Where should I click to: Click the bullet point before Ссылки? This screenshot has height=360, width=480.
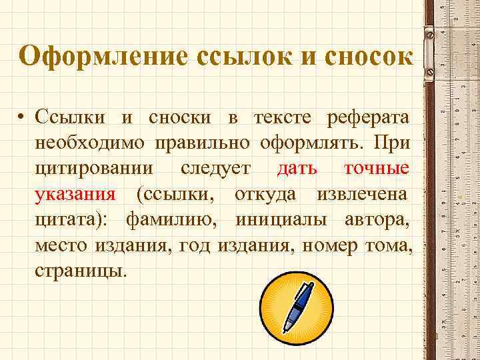[22, 119]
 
